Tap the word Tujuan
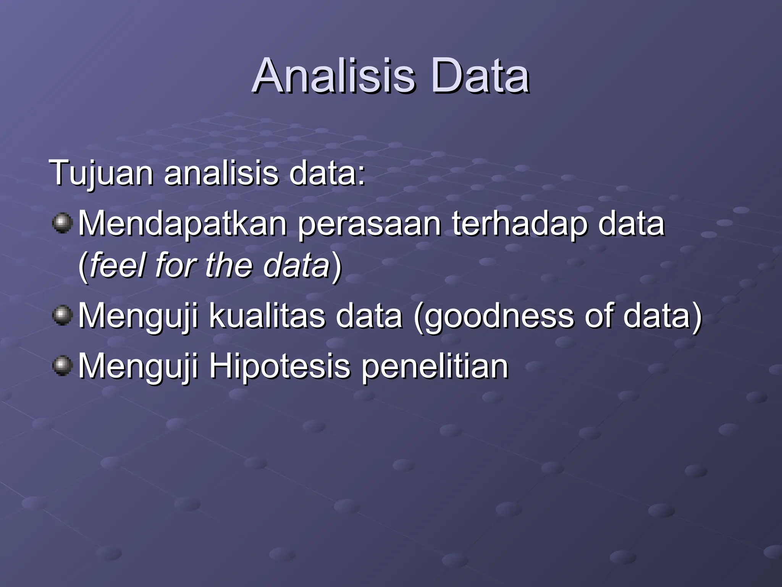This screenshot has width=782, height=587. point(101,174)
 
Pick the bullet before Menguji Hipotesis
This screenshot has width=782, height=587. point(62,366)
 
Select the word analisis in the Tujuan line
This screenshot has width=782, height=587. point(221,174)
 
